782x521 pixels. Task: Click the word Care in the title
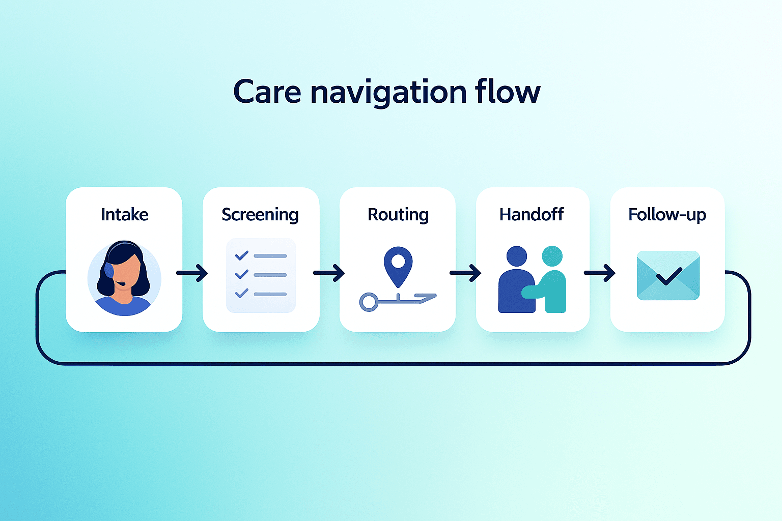click(267, 92)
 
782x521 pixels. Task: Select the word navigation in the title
click(388, 94)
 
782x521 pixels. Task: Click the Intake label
click(125, 214)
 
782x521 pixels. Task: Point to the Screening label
click(261, 215)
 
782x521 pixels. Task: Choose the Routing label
click(398, 215)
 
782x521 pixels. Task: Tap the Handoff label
click(532, 214)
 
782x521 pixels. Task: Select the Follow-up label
click(667, 215)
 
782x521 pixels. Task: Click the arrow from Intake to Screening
click(192, 273)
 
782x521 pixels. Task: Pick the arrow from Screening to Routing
click(329, 273)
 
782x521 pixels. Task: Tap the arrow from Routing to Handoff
click(465, 273)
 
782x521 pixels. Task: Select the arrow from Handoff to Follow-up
click(600, 273)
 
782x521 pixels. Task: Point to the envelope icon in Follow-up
click(668, 275)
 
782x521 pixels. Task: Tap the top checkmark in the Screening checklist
click(242, 255)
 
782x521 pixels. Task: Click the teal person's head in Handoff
click(552, 256)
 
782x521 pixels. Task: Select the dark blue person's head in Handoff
click(517, 256)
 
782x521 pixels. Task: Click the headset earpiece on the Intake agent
click(109, 270)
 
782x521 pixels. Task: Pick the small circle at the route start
click(369, 302)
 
